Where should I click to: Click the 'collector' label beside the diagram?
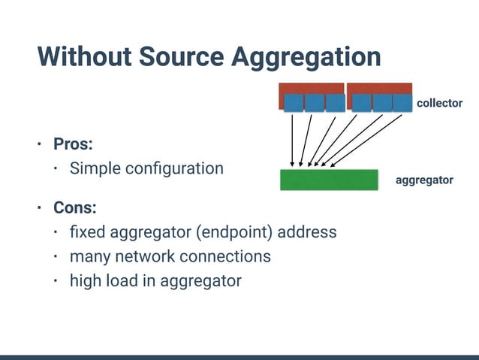point(439,103)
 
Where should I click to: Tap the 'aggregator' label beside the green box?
point(424,180)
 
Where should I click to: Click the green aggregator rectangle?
point(328,180)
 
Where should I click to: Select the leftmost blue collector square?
point(294,102)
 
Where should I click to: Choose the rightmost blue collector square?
point(402,102)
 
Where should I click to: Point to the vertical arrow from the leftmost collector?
point(293,138)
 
